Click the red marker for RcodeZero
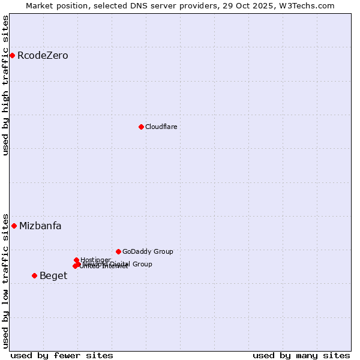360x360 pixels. tap(12, 56)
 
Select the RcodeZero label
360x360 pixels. tap(43, 56)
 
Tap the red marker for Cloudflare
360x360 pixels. tap(141, 127)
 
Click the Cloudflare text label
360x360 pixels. tap(161, 127)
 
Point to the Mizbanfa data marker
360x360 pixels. tap(14, 226)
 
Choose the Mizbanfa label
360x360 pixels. tap(40, 226)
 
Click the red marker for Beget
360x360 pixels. tap(34, 276)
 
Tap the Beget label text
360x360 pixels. tap(53, 276)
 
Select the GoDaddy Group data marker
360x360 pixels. tap(118, 251)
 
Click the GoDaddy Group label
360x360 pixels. tap(148, 252)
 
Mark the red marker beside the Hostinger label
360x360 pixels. tap(76, 260)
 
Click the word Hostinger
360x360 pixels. tap(95, 260)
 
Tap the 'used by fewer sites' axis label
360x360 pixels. tap(62, 355)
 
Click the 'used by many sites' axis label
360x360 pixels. tap(301, 355)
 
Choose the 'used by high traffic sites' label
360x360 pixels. tap(5, 85)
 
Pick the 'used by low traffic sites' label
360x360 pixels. tap(5, 280)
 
